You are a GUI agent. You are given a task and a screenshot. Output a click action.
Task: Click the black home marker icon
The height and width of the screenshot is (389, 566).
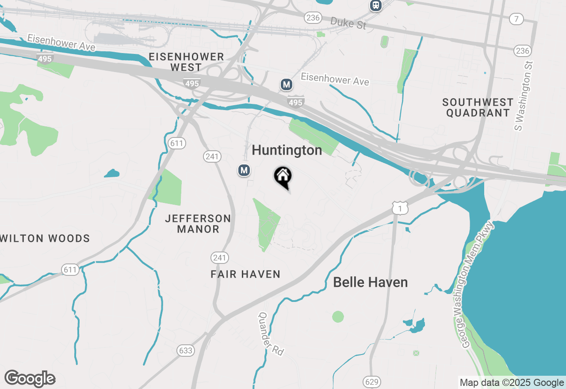pyautogui.click(x=283, y=177)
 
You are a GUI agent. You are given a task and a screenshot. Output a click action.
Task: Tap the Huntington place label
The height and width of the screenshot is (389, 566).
pyautogui.click(x=287, y=150)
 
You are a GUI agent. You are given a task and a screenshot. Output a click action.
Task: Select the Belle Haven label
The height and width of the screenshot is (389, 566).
pyautogui.click(x=370, y=282)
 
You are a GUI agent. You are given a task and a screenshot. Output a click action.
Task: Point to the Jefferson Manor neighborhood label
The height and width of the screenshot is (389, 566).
pyautogui.click(x=198, y=224)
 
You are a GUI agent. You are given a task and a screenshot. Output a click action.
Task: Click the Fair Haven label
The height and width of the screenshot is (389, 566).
pyautogui.click(x=245, y=275)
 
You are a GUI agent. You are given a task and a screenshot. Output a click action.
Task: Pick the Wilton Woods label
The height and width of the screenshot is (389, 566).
pyautogui.click(x=45, y=239)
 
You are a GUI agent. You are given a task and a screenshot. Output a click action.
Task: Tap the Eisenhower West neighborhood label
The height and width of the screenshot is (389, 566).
pyautogui.click(x=186, y=62)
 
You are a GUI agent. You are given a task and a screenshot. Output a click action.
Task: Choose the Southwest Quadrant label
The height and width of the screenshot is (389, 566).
pyautogui.click(x=478, y=107)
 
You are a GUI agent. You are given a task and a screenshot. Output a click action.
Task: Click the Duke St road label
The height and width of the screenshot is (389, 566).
pyautogui.click(x=348, y=23)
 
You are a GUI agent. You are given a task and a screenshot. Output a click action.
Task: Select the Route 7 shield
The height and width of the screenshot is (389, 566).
pyautogui.click(x=516, y=19)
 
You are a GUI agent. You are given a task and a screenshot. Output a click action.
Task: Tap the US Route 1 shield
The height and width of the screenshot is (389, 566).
pyautogui.click(x=399, y=208)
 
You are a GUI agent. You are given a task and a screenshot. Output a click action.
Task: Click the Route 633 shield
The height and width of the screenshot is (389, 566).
pyautogui.click(x=186, y=351)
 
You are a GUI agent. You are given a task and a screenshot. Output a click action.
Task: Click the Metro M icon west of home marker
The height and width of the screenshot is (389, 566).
pyautogui.click(x=244, y=170)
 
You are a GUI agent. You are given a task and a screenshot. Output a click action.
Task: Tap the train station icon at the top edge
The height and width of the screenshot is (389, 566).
pyautogui.click(x=376, y=5)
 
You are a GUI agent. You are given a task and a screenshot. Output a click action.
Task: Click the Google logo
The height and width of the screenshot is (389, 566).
pyautogui.click(x=30, y=379)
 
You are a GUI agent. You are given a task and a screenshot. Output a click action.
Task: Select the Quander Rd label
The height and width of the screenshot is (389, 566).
pyautogui.click(x=271, y=334)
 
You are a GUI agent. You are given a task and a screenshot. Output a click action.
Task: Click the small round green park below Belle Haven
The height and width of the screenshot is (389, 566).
pyautogui.click(x=338, y=317)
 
